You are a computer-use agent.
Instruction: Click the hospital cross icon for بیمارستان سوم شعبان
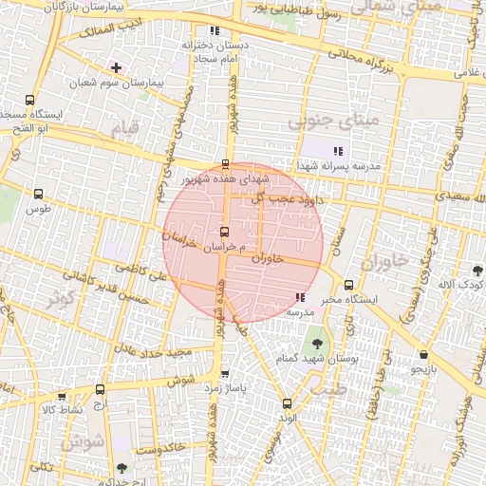(x=116, y=68)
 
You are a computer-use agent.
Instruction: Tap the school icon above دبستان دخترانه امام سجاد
(x=214, y=29)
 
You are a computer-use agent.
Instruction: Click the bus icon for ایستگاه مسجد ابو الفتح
(x=30, y=100)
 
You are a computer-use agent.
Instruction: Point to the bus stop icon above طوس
(x=38, y=194)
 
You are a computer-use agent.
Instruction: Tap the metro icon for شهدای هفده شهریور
(x=225, y=164)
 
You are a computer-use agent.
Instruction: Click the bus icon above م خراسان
(x=224, y=232)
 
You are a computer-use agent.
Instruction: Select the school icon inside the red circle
(x=300, y=298)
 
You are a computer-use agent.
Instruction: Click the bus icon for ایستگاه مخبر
(x=348, y=285)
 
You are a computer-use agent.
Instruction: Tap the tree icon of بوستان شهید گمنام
(x=316, y=341)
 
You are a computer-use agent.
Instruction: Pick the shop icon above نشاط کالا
(x=63, y=397)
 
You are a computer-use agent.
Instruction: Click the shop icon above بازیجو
(x=422, y=355)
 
